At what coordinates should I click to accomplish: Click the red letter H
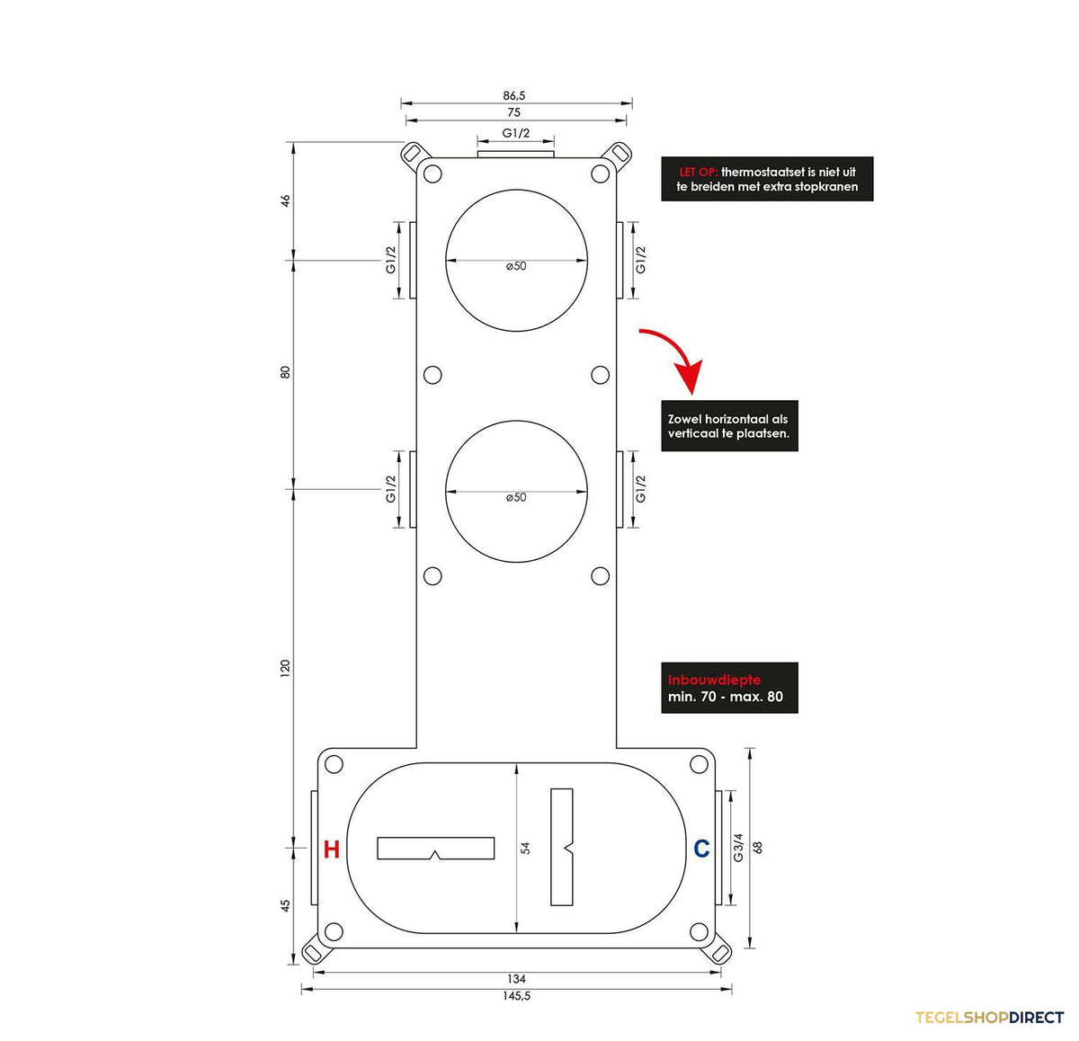coord(331,850)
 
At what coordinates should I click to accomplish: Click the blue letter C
coord(701,849)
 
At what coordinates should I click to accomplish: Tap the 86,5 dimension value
coord(514,95)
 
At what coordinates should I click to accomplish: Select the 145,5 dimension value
coord(517,996)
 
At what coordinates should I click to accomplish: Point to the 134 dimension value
coord(516,980)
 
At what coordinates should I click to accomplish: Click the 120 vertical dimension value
coord(286,668)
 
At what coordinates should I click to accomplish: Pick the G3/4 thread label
coord(738,848)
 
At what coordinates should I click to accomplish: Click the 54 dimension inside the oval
coord(526,848)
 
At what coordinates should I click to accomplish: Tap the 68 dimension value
coord(758,848)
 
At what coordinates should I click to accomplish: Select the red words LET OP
coord(698,173)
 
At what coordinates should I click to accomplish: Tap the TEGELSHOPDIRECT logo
coord(989,1018)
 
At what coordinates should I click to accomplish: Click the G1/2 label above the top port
coord(515,133)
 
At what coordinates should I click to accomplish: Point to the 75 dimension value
coord(514,112)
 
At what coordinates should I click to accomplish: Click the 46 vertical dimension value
coord(286,200)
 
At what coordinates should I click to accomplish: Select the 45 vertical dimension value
coord(286,906)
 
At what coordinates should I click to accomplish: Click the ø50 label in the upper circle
coord(516,266)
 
